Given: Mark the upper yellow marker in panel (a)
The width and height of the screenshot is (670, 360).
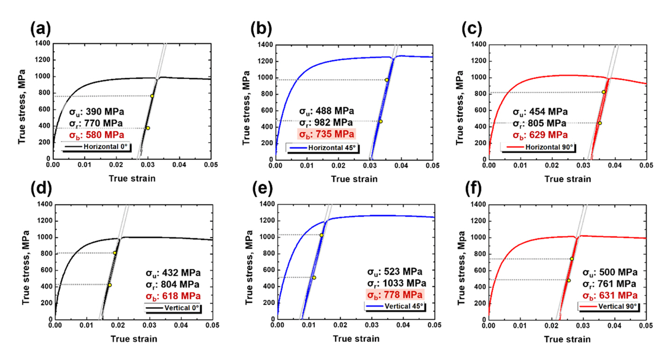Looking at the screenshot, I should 152,96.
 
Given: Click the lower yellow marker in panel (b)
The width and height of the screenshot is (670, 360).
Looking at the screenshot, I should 380,121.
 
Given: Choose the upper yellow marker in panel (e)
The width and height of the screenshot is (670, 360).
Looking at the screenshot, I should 321,235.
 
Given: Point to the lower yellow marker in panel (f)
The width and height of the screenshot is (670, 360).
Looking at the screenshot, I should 569,281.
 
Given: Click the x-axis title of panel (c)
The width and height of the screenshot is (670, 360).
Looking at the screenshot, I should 568,179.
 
